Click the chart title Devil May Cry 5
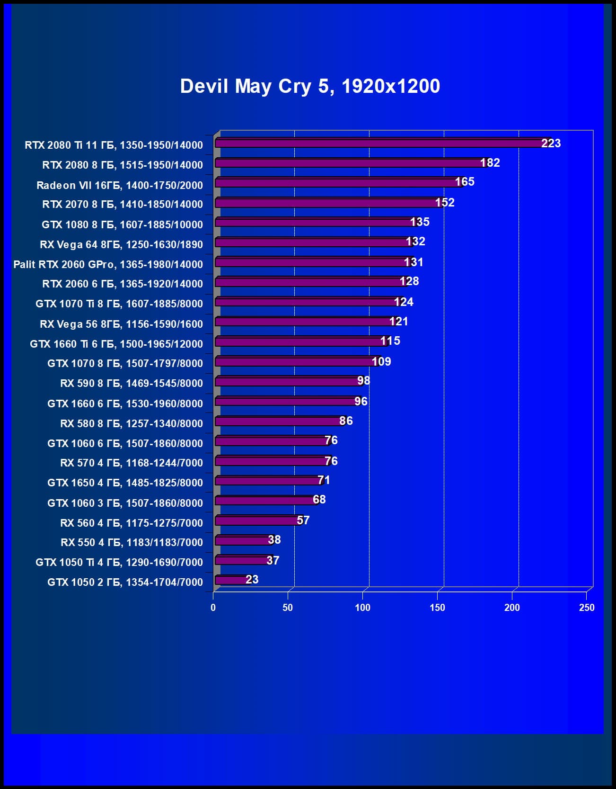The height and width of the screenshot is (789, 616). point(310,86)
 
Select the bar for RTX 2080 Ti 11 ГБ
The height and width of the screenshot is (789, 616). point(378,143)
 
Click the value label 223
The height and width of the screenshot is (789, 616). point(551,143)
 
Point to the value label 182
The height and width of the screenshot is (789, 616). point(490,163)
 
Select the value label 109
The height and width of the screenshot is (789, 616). point(381,362)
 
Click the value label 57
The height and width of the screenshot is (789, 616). point(303,520)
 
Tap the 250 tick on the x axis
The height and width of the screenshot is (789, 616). point(587,608)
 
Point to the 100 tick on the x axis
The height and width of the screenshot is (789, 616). point(362,608)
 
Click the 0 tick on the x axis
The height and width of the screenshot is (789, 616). point(213,608)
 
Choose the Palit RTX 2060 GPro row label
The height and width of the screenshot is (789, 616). point(108,264)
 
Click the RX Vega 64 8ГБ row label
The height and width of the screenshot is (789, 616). point(121,244)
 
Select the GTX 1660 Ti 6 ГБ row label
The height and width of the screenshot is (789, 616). point(116,344)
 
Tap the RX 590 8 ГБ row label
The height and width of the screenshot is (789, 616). point(132,383)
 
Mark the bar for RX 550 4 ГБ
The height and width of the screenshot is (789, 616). point(242,540)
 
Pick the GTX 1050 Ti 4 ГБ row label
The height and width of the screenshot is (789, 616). point(119,562)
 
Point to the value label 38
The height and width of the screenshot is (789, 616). point(274,540)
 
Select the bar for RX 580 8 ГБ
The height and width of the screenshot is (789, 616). point(277,421)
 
